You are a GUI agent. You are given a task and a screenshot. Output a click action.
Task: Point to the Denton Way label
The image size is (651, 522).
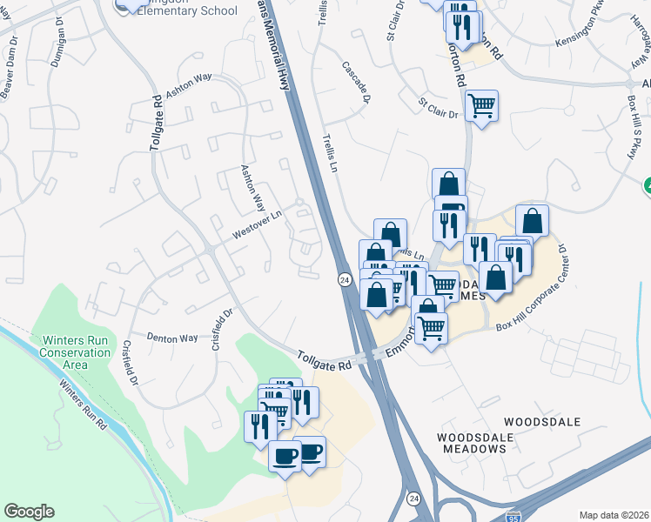172,338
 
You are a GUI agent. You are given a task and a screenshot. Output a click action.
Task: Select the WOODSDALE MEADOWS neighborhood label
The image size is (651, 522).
471,441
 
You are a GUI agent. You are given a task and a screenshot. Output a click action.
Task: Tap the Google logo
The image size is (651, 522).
29,512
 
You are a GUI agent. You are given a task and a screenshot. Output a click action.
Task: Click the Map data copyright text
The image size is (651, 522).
614,515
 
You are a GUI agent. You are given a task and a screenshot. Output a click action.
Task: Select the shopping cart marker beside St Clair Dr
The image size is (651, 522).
481,106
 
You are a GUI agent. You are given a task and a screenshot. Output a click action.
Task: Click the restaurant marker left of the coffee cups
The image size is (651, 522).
260,426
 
